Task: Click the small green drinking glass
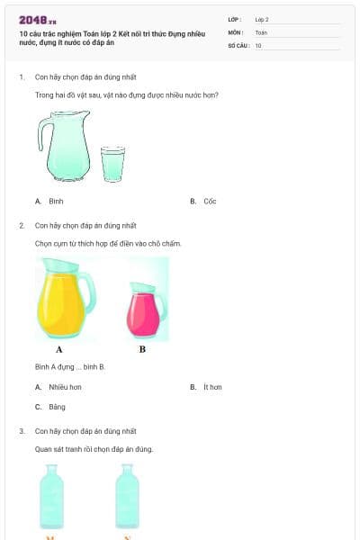point(112,163)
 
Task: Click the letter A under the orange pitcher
point(59,349)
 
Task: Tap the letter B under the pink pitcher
point(142,349)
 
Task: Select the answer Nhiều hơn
point(64,387)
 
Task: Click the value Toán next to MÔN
point(261,31)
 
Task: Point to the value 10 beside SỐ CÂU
point(258,45)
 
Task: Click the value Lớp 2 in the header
point(262,19)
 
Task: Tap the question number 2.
point(22,225)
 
